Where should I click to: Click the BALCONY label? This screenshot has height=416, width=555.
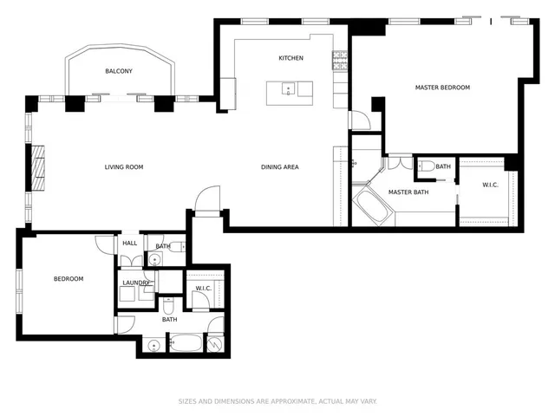click(119, 71)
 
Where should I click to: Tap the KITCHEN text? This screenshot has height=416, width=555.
click(291, 58)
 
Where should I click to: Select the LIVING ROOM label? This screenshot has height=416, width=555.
click(124, 167)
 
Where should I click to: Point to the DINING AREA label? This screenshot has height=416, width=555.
click(280, 167)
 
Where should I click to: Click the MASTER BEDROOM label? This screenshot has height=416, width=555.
click(442, 88)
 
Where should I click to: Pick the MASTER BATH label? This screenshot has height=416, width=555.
click(408, 192)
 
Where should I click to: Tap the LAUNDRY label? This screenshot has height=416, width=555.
click(136, 283)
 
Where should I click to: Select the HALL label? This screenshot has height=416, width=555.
click(130, 244)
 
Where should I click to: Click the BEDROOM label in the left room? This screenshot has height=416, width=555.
click(69, 278)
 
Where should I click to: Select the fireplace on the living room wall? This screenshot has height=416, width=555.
click(39, 167)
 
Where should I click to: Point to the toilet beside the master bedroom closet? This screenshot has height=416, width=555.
click(428, 166)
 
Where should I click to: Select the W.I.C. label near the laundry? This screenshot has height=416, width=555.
click(204, 289)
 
